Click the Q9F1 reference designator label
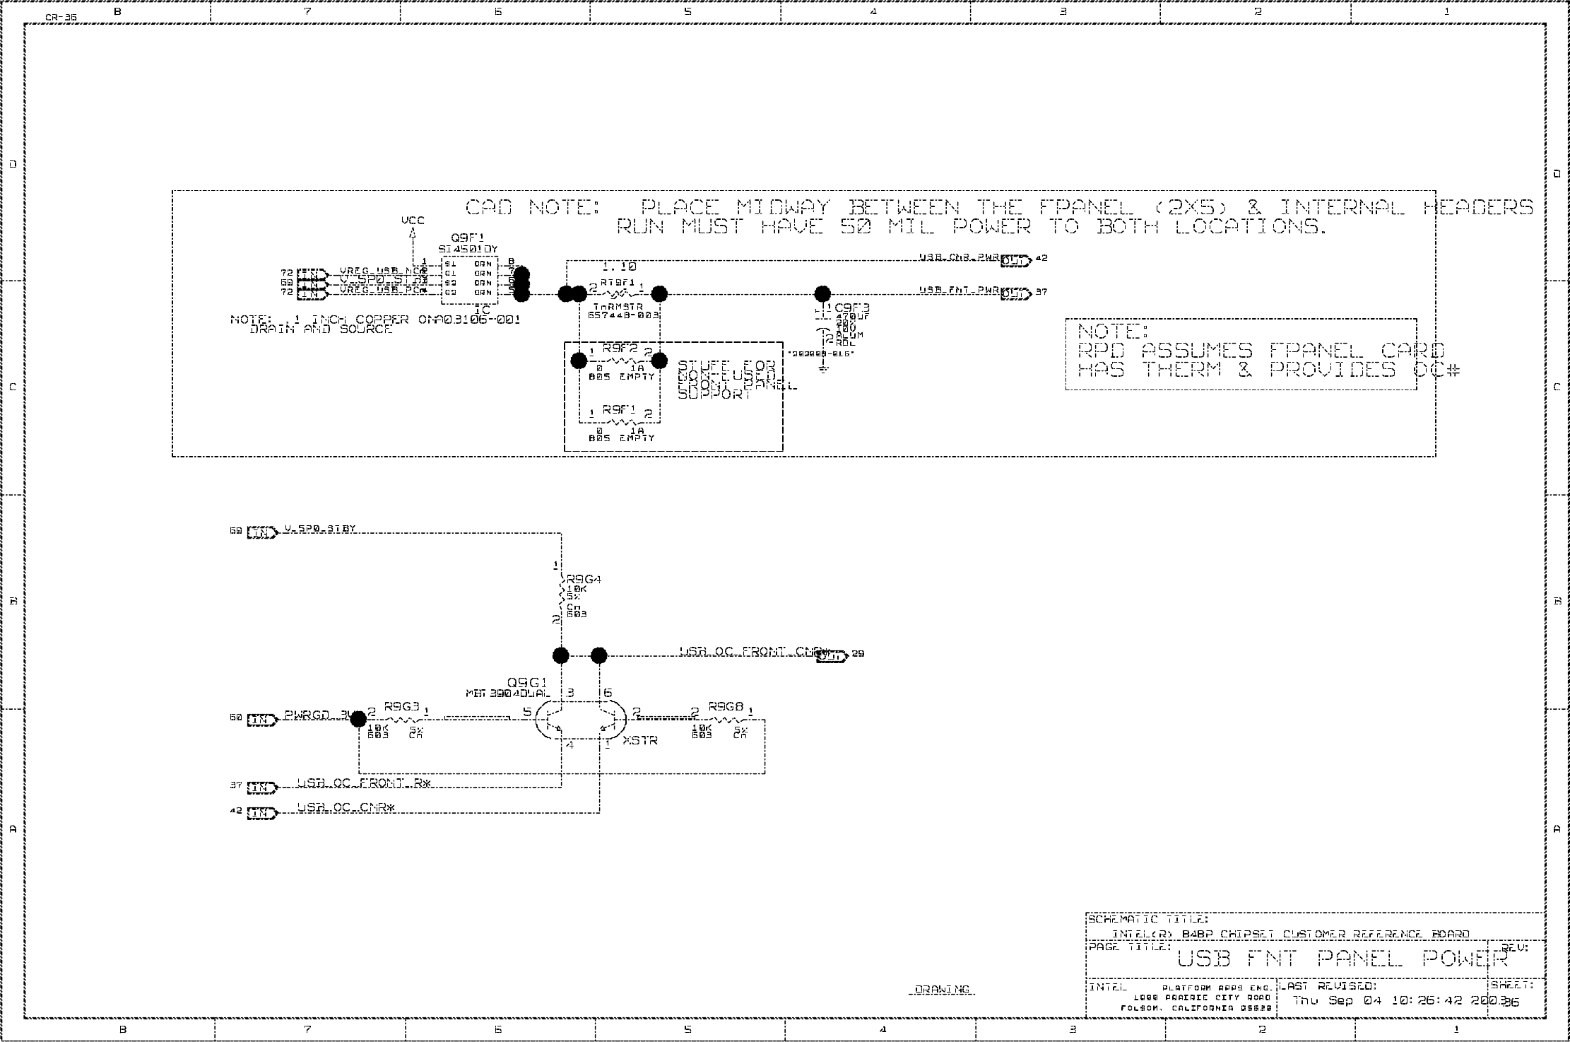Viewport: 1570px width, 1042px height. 468,238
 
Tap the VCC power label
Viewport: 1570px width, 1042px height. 413,221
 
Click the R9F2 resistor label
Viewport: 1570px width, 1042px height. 620,349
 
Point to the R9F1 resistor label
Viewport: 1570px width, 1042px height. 619,410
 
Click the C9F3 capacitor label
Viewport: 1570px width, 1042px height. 852,308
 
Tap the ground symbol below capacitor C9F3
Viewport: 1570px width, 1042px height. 823,368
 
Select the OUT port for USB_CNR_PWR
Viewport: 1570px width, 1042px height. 1016,260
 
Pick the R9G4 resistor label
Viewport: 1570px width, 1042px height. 584,580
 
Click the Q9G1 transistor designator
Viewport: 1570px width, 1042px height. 527,683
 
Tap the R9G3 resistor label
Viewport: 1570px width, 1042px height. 401,706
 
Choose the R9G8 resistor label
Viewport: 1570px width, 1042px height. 726,706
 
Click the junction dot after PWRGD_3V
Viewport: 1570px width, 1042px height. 359,719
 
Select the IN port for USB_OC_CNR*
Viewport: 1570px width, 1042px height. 261,813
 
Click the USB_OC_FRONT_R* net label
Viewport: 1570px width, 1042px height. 363,783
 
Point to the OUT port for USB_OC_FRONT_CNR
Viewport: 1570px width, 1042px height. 832,656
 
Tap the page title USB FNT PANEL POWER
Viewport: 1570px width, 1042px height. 1342,959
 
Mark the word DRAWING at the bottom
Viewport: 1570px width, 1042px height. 942,990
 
